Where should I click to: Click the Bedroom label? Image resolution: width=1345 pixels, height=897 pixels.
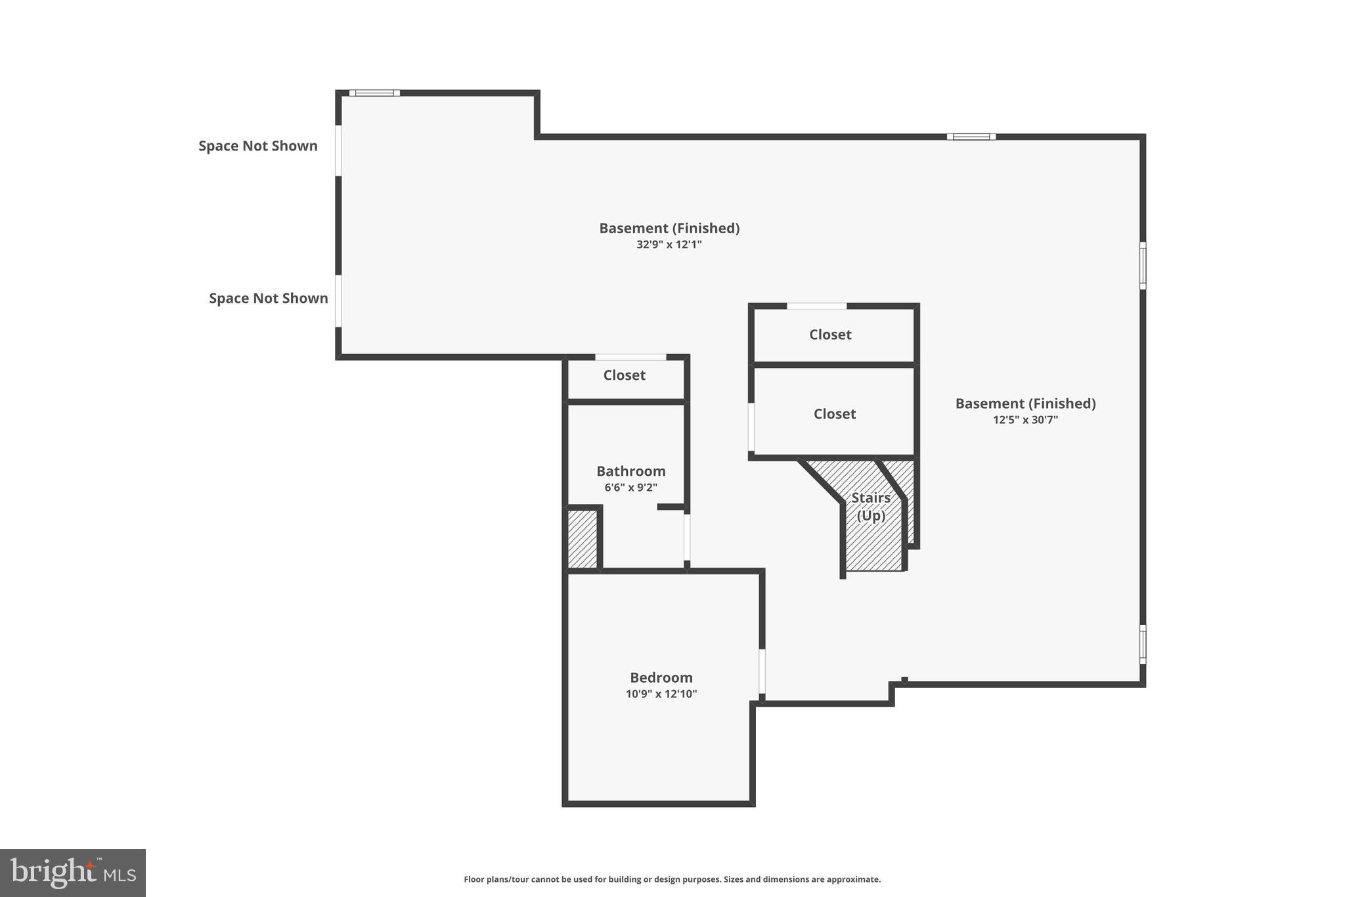661,678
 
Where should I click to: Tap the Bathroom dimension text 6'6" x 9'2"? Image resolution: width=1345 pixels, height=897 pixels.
630,488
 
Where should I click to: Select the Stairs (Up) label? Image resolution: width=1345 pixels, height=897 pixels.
871,507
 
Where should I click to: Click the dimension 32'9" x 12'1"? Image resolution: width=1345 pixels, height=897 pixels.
669,244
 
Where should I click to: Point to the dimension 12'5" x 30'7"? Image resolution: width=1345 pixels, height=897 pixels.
1025,420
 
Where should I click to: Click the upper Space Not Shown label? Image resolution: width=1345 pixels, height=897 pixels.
258,146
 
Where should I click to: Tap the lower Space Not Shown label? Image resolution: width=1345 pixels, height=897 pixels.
268,298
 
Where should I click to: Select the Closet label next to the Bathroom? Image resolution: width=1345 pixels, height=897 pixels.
624,375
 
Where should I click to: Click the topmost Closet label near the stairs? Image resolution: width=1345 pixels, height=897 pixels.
830,334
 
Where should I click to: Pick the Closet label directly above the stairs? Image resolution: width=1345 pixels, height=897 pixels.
834,414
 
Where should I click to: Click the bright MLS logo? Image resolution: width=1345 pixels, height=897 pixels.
73,873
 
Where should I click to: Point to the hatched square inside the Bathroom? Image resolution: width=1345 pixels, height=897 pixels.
582,539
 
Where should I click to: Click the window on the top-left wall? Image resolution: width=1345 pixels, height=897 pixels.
374,93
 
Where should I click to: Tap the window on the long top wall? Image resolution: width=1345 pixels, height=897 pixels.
971,137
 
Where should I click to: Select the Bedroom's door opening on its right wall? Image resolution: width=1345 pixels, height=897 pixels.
762,671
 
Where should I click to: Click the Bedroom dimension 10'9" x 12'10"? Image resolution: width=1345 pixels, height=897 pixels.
661,694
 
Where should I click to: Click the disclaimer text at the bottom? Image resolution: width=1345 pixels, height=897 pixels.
672,879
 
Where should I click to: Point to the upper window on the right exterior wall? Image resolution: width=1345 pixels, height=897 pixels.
1143,265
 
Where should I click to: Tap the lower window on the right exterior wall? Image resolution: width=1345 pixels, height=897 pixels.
1143,644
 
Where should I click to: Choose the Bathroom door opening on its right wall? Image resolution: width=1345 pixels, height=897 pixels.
687,536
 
